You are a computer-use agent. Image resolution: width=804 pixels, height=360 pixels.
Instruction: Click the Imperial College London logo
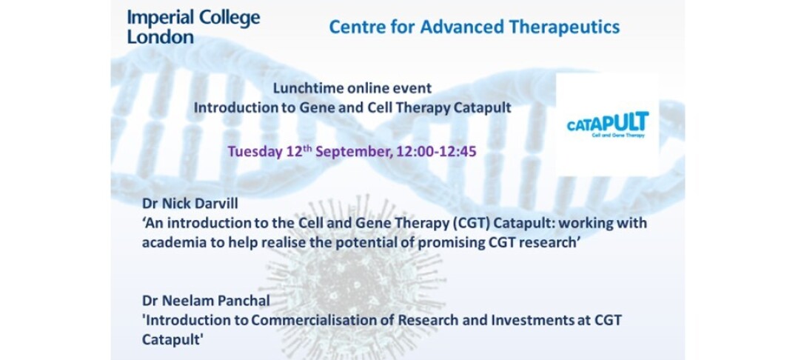[193, 27]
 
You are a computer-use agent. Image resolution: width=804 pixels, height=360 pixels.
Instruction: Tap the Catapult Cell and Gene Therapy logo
[608, 124]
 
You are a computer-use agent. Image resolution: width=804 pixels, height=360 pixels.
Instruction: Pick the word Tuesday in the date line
[255, 152]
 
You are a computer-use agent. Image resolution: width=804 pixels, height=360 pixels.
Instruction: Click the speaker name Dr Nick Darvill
[190, 204]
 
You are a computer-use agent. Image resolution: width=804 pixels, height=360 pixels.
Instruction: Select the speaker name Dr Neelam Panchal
[206, 301]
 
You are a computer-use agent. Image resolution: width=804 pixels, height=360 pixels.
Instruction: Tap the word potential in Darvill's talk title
[364, 243]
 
